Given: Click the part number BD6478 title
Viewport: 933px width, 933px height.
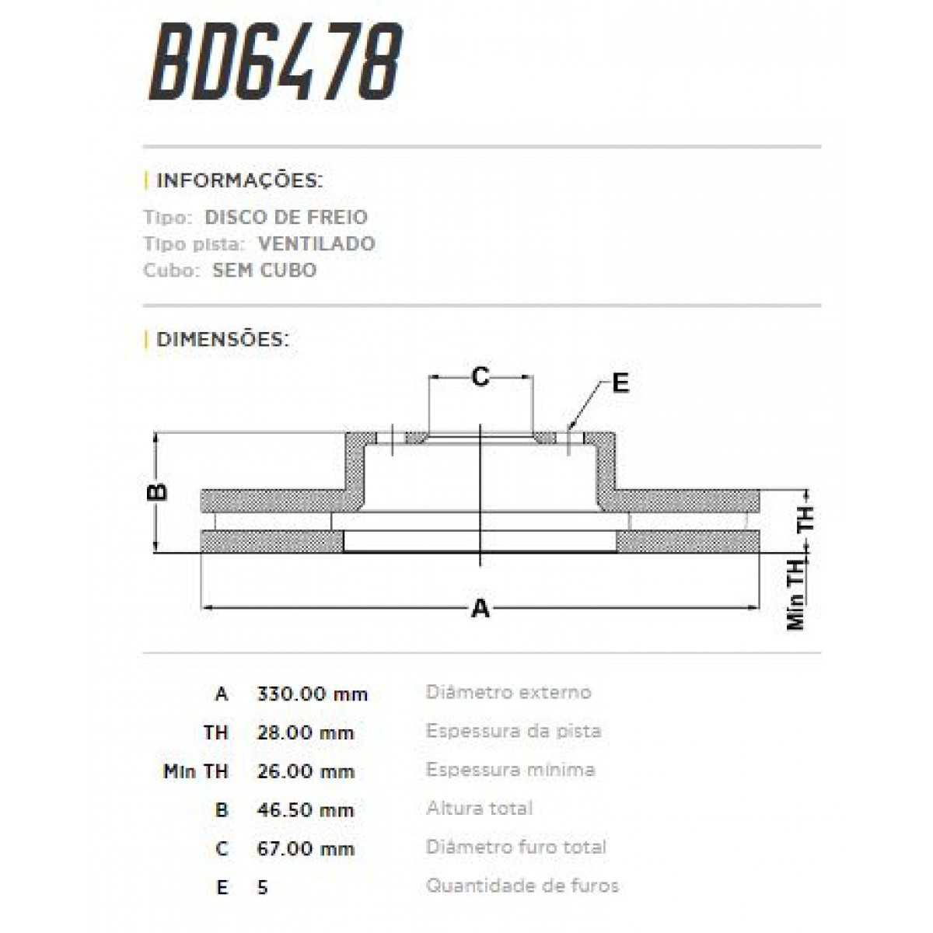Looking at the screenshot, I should pos(276,64).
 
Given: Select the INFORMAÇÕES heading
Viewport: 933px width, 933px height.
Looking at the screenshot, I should pos(239,181).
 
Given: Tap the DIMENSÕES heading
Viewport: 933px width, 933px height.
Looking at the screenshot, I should pos(222,340).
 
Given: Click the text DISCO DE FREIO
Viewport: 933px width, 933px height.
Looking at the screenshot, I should pos(285,218).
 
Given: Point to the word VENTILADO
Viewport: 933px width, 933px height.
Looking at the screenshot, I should pos(316,244).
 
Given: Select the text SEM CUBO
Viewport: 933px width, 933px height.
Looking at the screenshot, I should pos(264,271).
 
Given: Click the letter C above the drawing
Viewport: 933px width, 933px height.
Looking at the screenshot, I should pos(480,377).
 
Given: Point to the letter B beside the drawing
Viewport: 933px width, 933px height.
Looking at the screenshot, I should pos(156,491).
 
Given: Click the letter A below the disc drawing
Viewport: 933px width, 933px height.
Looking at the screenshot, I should pos(480,609).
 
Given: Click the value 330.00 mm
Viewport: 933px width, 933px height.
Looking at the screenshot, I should pos(312,694).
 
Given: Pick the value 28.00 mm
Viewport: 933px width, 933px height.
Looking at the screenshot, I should pos(305,732).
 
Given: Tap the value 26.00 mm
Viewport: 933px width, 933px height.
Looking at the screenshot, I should pos(305,771).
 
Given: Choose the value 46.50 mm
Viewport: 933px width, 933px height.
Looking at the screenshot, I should pos(305,809).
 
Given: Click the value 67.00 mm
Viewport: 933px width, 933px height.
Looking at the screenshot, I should pos(305,848).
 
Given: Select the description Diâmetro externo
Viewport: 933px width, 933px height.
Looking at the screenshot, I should pos(508,692).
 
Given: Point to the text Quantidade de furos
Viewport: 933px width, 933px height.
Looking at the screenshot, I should pos(522,886).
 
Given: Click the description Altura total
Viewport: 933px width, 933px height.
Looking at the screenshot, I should pos(479,808).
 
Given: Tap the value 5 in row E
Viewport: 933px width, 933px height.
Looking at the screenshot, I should pos(263,887).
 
